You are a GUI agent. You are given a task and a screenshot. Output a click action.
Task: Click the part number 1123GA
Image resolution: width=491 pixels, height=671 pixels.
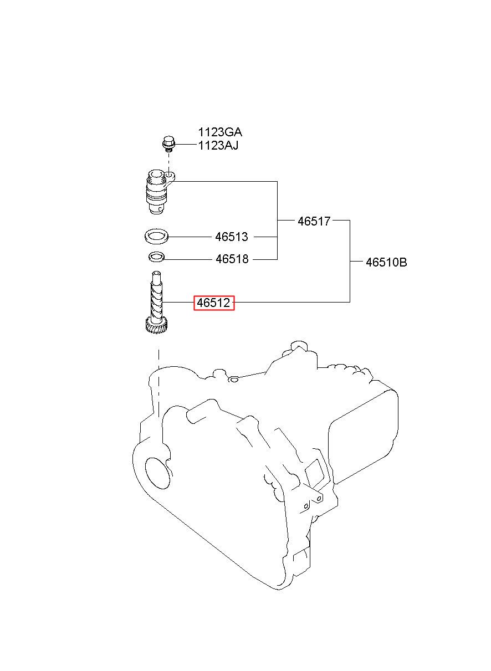coord(220,132)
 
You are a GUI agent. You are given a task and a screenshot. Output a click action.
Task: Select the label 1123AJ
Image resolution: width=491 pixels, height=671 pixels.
coord(218,146)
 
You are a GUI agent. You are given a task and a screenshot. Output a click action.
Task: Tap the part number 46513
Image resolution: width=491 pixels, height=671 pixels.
coord(232,237)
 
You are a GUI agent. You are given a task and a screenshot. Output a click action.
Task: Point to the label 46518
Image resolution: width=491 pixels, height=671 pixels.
coord(232,259)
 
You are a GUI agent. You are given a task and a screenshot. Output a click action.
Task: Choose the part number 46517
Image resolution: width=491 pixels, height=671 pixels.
coord(314,221)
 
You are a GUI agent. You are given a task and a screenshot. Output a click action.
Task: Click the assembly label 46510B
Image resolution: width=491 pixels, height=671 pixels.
coord(386,262)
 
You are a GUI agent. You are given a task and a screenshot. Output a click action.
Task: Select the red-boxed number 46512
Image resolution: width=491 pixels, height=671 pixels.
coord(214,303)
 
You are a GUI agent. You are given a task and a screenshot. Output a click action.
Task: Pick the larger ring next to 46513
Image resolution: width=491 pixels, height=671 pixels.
coord(156,236)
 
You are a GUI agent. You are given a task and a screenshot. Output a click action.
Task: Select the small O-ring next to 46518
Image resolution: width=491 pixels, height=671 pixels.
coord(157,257)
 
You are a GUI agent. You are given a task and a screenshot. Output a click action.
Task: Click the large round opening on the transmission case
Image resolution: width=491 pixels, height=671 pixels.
coord(157,473)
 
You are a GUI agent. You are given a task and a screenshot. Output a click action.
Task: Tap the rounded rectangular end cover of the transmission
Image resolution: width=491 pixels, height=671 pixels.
coord(363,438)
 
